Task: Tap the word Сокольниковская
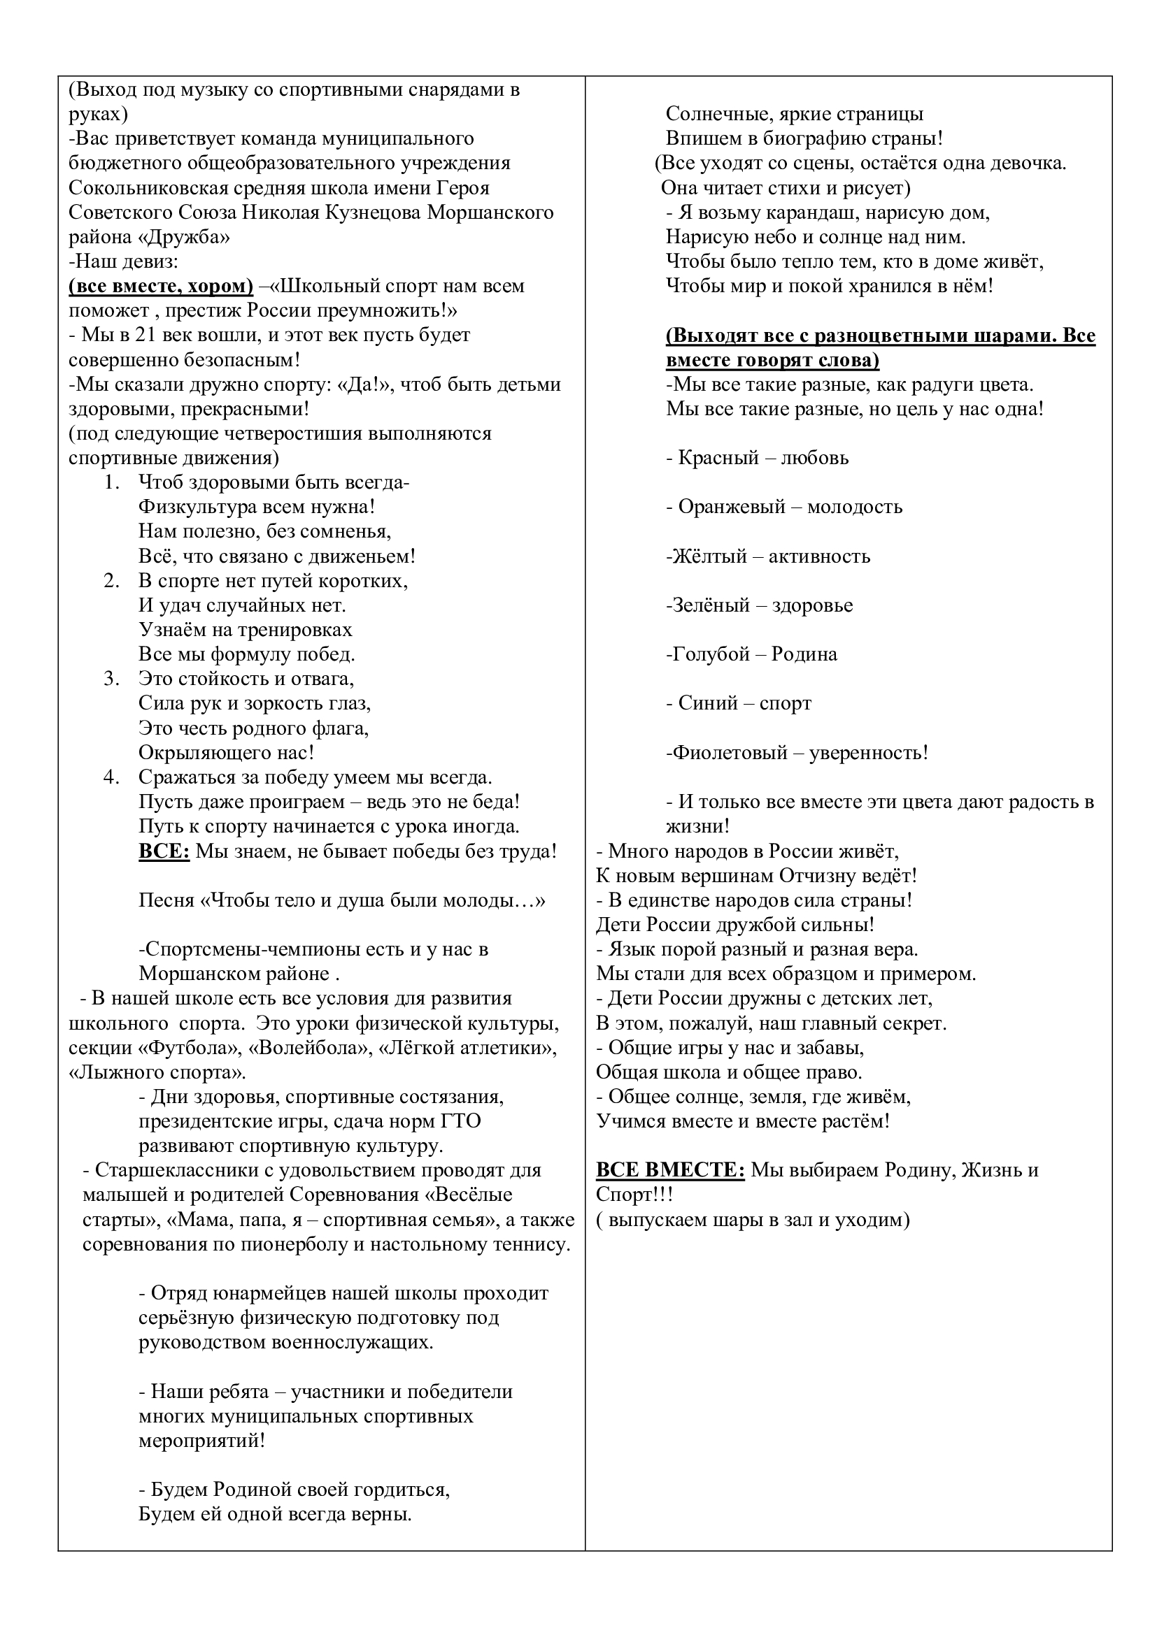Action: (x=148, y=188)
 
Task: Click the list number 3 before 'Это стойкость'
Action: (x=111, y=679)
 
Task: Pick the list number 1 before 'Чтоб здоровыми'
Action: (x=111, y=482)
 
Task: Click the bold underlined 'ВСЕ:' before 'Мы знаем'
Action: (x=164, y=851)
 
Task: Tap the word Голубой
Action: (x=707, y=654)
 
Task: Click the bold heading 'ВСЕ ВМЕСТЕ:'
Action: (x=669, y=1170)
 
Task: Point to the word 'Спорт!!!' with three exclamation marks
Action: (x=634, y=1194)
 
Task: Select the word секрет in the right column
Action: (x=914, y=1023)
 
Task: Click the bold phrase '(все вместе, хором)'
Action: (x=161, y=286)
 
